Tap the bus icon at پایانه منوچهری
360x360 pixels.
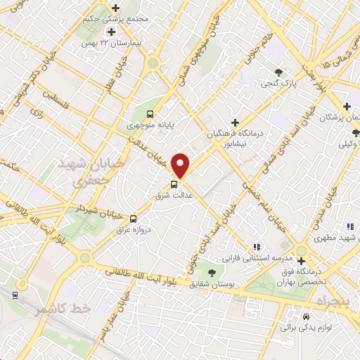pyautogui.click(x=149, y=114)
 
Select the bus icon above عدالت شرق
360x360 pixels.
pyautogui.click(x=174, y=184)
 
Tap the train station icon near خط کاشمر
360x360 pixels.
pyautogui.click(x=15, y=294)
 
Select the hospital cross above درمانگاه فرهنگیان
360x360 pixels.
pyautogui.click(x=244, y=122)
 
